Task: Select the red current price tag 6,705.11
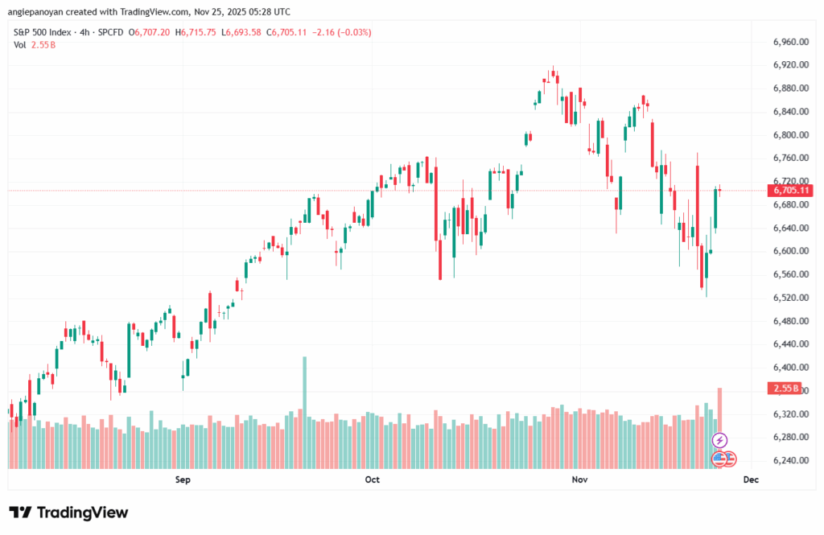pos(789,191)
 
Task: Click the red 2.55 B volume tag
pos(785,389)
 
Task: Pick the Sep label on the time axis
pos(183,480)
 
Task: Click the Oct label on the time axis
pos(372,480)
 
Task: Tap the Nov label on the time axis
pos(580,480)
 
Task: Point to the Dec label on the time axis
pos(751,480)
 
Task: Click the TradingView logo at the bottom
pos(68,512)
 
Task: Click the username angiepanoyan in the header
pos(39,12)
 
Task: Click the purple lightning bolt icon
pos(720,440)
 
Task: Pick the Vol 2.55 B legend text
pos(35,45)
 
